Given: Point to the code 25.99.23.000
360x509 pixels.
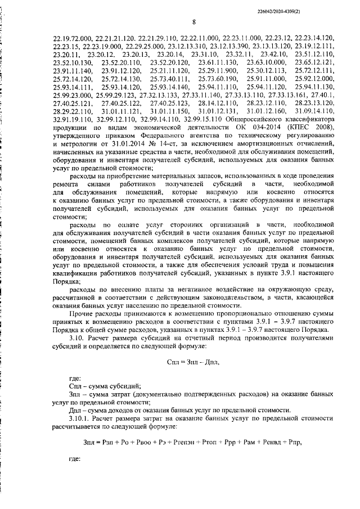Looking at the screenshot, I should (72, 96).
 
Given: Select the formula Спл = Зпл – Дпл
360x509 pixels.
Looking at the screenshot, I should (193, 362).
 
